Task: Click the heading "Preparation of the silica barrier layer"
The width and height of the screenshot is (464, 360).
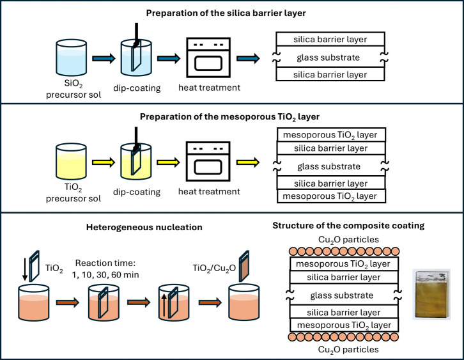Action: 226,13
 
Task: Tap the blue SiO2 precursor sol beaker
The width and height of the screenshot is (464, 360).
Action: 72,58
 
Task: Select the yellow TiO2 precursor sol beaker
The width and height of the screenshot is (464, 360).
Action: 71,161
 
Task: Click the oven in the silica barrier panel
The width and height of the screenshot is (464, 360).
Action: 208,58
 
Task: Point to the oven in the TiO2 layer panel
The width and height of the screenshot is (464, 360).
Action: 208,161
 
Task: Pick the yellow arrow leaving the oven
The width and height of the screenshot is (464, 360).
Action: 248,162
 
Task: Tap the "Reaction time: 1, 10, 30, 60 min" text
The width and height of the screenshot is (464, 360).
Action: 105,269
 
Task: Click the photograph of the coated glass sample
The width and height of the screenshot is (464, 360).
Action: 432,294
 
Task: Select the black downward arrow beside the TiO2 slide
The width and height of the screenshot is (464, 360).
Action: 25,269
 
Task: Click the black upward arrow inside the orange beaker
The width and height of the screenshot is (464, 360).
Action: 164,305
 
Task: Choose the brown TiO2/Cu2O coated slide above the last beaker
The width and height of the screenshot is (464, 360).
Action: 244,266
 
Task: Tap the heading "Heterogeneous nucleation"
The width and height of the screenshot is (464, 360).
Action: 144,228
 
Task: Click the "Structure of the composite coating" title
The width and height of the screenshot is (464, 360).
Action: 348,226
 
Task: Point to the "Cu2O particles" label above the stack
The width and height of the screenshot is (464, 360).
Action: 348,240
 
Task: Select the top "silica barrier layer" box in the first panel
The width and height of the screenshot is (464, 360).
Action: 330,40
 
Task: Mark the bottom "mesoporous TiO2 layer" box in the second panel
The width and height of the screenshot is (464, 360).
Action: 332,196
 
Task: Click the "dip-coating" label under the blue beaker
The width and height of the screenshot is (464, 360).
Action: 137,88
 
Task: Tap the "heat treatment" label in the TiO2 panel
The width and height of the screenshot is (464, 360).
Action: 209,192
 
